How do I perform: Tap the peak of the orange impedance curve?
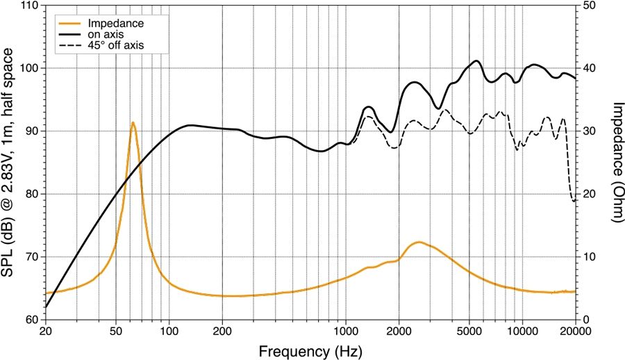click(133, 122)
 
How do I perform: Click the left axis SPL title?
click(9, 162)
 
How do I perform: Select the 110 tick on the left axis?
click(29, 6)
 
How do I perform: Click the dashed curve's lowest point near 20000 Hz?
click(574, 202)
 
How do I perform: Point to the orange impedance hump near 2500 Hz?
click(419, 242)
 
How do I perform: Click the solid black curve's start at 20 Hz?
click(46, 306)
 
